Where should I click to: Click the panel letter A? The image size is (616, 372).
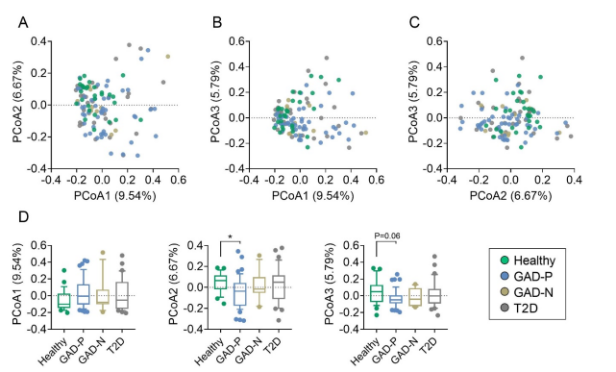23,23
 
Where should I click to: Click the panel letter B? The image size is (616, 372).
217,23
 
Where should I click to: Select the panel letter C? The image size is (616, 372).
414,23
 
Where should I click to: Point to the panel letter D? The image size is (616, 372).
24,217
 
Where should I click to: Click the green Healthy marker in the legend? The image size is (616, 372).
505,260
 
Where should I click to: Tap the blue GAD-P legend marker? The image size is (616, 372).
505,276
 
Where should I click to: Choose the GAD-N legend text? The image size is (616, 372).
533,292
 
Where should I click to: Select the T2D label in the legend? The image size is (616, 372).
526,309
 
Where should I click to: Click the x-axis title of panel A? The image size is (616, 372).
115,196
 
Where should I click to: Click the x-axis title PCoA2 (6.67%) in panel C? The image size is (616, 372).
510,196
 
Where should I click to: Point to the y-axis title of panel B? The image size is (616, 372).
216,102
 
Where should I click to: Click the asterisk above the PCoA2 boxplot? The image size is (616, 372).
231,236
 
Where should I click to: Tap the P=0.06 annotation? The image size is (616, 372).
387,236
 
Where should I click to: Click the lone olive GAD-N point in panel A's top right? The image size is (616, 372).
168,57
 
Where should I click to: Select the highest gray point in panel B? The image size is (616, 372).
327,58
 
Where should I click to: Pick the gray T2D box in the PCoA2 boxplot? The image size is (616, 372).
279,286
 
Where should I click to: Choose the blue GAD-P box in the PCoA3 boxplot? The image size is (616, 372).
396,299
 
